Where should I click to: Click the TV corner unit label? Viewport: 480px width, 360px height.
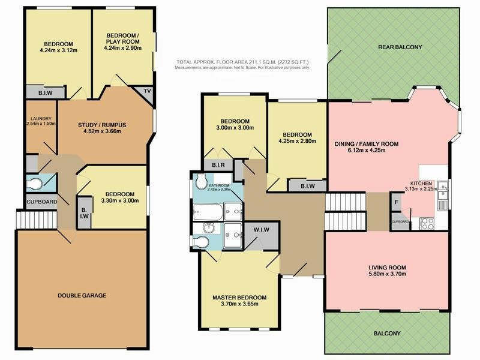point(147,91)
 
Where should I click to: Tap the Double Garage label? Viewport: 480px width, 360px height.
point(82,295)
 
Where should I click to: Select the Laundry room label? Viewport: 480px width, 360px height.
point(41,118)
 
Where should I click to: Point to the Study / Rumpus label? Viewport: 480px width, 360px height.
point(102,125)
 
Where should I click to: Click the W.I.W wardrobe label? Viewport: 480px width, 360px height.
point(262,229)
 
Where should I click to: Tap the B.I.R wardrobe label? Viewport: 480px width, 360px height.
point(218,165)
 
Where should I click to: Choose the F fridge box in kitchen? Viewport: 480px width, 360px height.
point(397,202)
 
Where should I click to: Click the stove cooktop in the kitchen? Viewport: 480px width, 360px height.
point(427,223)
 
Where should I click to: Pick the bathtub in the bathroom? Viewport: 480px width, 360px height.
point(208,212)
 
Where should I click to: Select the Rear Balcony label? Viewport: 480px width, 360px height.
point(400,47)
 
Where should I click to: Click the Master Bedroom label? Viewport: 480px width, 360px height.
point(239,298)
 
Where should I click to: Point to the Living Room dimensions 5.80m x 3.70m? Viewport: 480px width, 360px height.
point(387,274)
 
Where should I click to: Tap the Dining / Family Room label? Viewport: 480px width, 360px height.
point(367,144)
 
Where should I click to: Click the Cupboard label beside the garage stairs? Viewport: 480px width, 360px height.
point(41,202)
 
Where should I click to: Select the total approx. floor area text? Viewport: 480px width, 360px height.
point(242,62)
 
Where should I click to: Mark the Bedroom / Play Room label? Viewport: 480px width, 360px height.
point(123,38)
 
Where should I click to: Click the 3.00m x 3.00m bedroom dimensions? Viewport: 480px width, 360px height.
point(235,128)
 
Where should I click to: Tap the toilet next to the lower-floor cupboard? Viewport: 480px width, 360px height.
point(34,184)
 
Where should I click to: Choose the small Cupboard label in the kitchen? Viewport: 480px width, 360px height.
point(400,221)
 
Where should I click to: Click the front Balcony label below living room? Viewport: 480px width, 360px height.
point(387,334)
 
